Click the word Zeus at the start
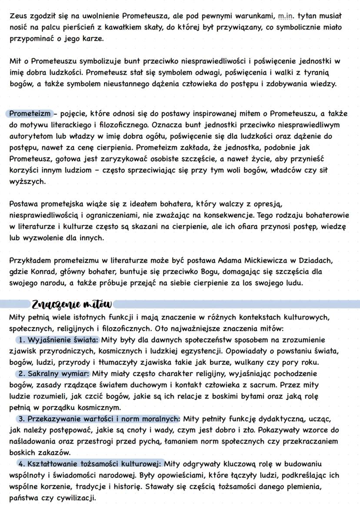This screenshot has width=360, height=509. [x=18, y=16]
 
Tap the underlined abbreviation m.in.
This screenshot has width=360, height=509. [x=286, y=16]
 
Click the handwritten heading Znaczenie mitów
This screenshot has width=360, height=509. [x=71, y=303]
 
